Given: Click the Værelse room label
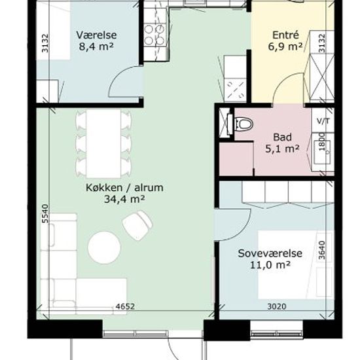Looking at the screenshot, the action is click(96, 35).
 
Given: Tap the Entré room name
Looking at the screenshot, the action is click(285, 35).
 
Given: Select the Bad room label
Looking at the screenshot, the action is click(282, 137).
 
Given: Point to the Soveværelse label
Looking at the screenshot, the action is click(270, 253).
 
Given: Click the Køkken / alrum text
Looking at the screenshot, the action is click(124, 188).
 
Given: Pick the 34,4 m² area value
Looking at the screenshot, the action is click(124, 199).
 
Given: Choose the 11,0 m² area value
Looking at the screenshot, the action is click(270, 265).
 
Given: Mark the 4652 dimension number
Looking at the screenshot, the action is click(125, 306).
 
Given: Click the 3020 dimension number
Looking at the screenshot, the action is click(277, 306).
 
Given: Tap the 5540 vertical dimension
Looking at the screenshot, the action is click(46, 213).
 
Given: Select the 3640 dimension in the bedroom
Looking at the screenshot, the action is click(322, 250).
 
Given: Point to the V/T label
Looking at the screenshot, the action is click(323, 121).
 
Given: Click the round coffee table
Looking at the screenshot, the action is click(104, 247).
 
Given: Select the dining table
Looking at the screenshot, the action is click(103, 143).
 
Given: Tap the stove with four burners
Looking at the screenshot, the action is click(154, 35).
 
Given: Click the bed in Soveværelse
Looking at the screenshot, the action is click(296, 264).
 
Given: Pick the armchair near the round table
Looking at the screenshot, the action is click(137, 225).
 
